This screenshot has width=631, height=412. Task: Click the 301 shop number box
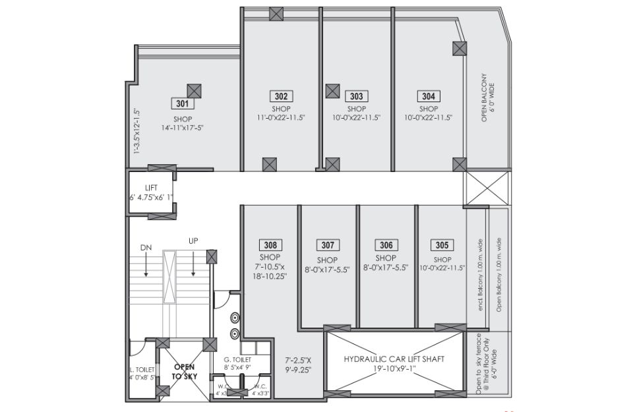(x=182, y=103)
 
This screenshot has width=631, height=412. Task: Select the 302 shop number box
(x=282, y=96)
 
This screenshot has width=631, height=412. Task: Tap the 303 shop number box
(x=357, y=96)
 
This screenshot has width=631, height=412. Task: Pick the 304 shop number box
(x=429, y=96)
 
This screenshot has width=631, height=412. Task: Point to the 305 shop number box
(x=442, y=245)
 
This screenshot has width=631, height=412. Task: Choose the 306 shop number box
(x=386, y=245)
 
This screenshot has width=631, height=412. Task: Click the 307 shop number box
(x=328, y=245)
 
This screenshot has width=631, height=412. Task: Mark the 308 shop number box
(x=270, y=245)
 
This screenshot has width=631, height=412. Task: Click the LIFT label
(x=151, y=188)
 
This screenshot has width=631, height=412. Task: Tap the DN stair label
(x=146, y=248)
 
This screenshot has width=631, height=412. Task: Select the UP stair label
(x=193, y=241)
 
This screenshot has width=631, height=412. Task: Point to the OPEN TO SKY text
(x=185, y=371)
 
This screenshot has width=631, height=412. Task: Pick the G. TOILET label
(x=237, y=359)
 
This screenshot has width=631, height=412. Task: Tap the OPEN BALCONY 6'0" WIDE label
(x=487, y=98)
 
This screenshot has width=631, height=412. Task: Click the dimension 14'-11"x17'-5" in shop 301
(x=183, y=128)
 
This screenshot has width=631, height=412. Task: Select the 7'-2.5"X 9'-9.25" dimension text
(x=298, y=365)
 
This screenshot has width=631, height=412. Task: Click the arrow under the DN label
(x=146, y=265)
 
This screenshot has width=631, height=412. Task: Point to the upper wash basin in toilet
(x=235, y=318)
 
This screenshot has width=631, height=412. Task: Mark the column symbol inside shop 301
(x=195, y=91)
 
